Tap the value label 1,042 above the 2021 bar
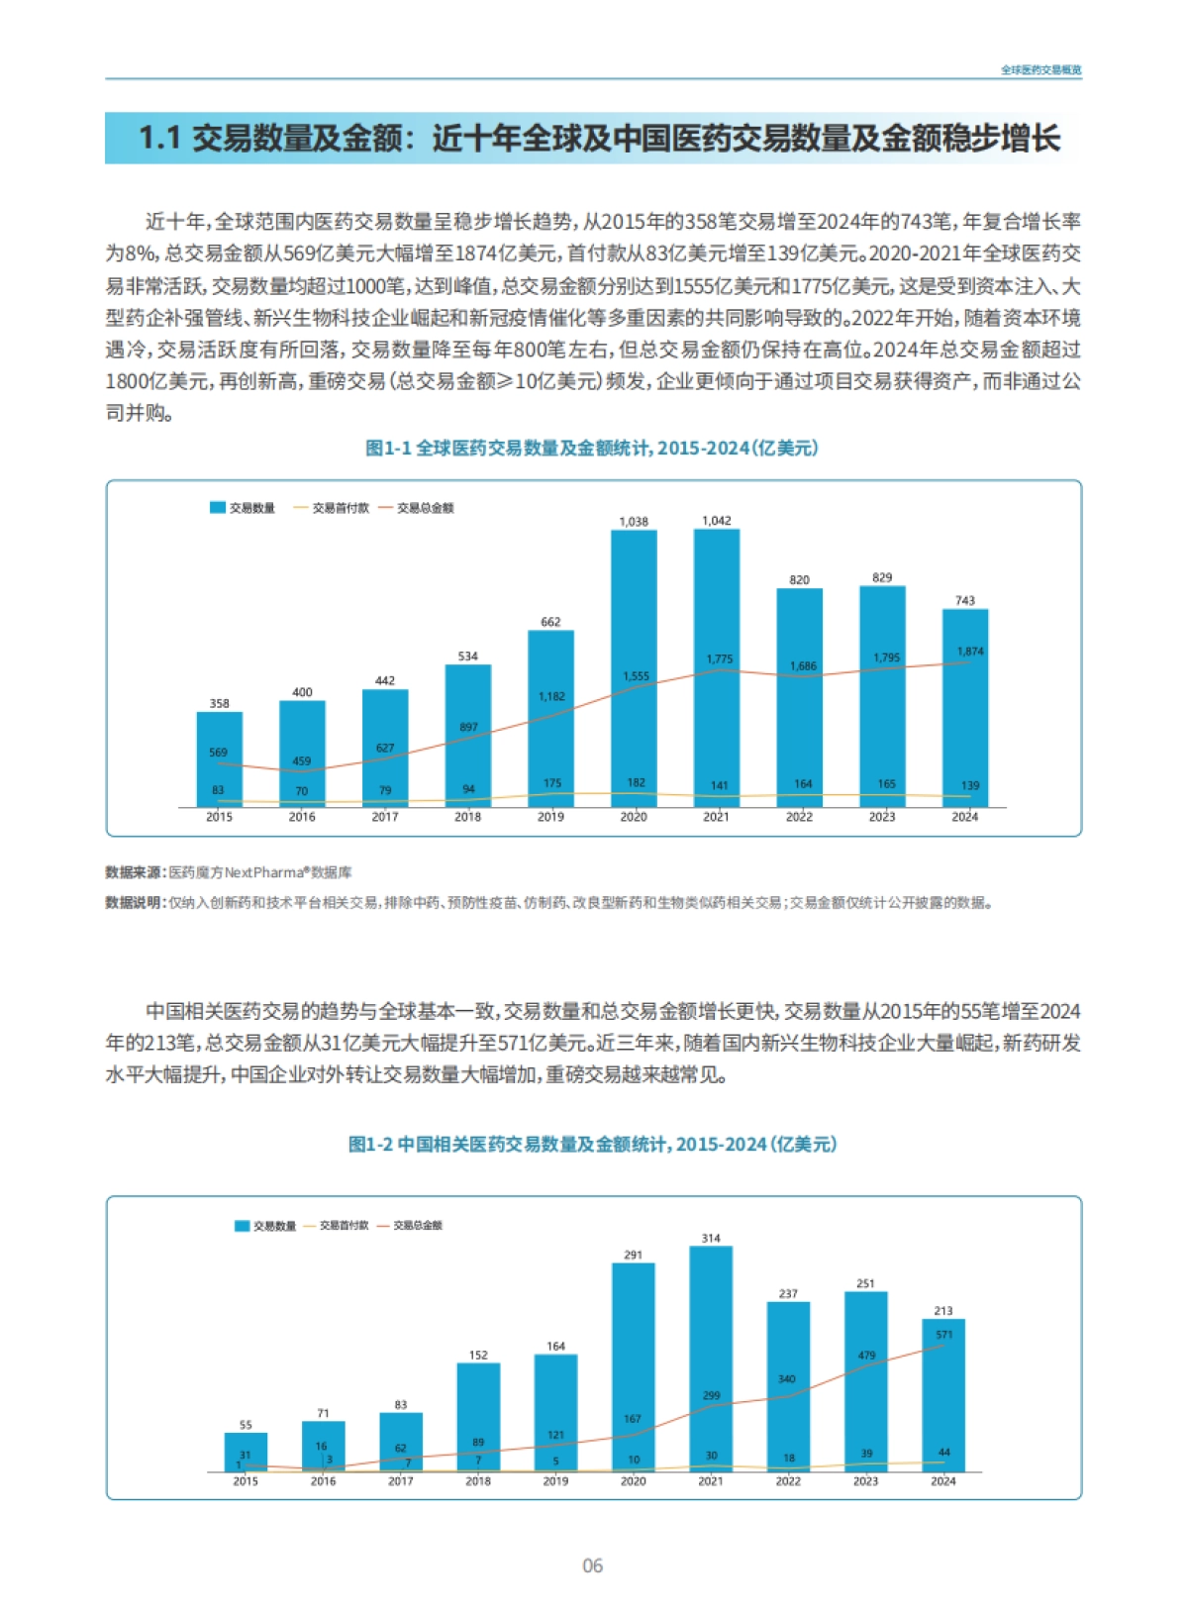[717, 521]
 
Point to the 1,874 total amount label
[970, 652]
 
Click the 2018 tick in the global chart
[467, 817]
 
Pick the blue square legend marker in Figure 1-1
[218, 508]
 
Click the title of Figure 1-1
[592, 449]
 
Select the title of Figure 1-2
[592, 1145]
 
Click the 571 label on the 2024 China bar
[944, 1335]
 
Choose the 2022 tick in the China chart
[788, 1481]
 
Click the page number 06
[592, 1565]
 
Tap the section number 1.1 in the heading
[159, 139]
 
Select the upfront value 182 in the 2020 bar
[636, 782]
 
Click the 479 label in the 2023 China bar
[867, 1356]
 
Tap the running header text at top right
[1040, 70]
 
